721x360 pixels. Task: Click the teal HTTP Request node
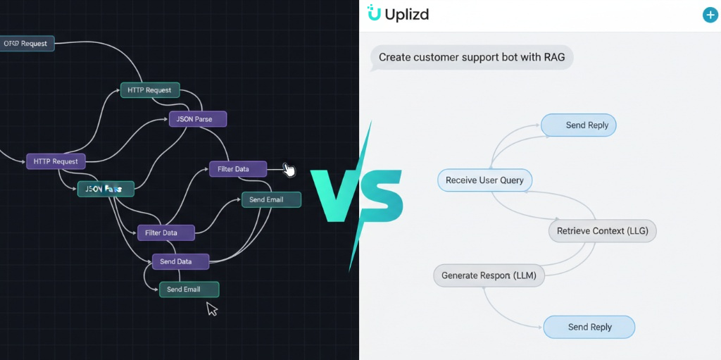149,90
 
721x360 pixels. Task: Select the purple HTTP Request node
56,161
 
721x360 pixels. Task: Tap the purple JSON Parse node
197,119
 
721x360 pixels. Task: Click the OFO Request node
27,44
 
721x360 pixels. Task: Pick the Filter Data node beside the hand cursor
238,169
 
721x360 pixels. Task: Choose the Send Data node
181,261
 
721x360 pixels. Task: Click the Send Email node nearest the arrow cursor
189,290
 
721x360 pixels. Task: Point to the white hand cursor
289,170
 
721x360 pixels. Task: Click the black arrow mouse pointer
211,309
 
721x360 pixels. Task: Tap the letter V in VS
339,196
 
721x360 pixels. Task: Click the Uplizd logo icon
374,13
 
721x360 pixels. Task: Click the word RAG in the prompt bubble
553,57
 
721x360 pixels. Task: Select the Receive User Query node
484,180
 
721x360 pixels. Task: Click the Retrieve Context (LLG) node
602,231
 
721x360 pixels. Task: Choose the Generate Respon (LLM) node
489,275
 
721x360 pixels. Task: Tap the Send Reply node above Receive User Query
579,125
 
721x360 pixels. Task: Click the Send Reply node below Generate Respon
589,327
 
